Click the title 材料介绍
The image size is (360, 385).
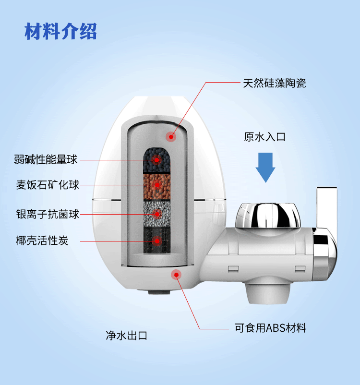(60, 31)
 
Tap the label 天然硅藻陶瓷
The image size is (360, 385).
(274, 83)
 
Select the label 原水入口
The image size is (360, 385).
(264, 137)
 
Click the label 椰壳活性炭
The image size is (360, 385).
(42, 241)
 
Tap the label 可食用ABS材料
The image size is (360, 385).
(270, 328)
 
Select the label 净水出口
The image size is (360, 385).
(126, 335)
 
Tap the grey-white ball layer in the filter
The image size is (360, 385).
(156, 213)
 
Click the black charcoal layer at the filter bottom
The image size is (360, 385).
(156, 239)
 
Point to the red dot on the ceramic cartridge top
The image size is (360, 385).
(170, 137)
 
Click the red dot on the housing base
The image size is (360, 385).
(176, 275)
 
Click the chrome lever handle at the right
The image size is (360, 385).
(326, 221)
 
